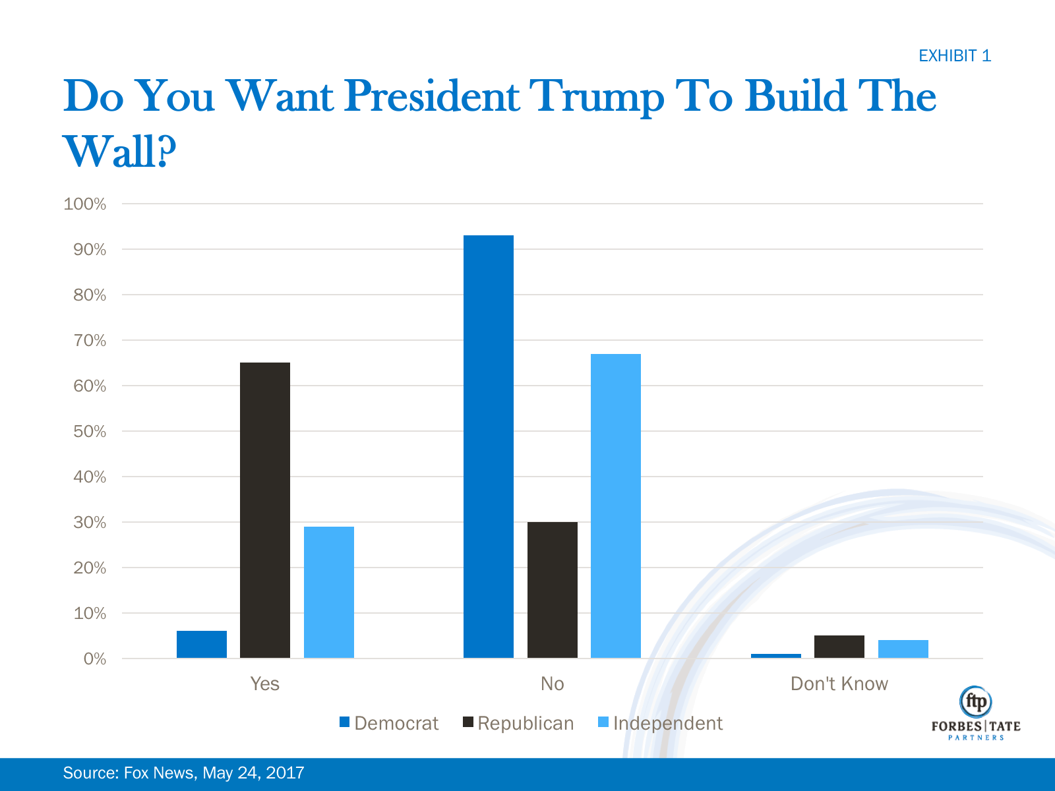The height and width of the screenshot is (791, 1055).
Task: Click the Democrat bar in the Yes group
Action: pyautogui.click(x=202, y=645)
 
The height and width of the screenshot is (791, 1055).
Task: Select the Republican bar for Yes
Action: pyautogui.click(x=265, y=510)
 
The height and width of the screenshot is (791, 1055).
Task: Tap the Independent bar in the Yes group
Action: pyautogui.click(x=329, y=592)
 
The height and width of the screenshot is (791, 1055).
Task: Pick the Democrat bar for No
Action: pyautogui.click(x=489, y=446)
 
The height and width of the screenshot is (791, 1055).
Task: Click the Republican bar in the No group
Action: pyautogui.click(x=553, y=590)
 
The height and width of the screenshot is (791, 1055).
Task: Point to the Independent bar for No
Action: pyautogui.click(x=616, y=506)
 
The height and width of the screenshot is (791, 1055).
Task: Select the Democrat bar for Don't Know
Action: pyautogui.click(x=776, y=656)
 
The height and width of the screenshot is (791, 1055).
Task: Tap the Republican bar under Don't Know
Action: pyautogui.click(x=839, y=647)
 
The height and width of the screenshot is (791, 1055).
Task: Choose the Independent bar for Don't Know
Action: pyautogui.click(x=903, y=649)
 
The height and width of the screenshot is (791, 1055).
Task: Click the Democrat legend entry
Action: pyautogui.click(x=389, y=723)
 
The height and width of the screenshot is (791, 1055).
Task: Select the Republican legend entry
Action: pyautogui.click(x=518, y=723)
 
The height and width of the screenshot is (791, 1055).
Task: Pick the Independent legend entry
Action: pyautogui.click(x=660, y=723)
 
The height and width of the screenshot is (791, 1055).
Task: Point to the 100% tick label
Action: pyautogui.click(x=85, y=204)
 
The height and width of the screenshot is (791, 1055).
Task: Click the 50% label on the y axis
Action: pyautogui.click(x=90, y=432)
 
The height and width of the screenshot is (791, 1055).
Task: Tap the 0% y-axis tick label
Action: pyautogui.click(x=95, y=659)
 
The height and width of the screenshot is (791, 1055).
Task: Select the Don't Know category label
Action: pyautogui.click(x=839, y=684)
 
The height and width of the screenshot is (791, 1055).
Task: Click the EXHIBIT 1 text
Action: pyautogui.click(x=955, y=56)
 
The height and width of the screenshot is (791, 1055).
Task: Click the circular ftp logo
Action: pyautogui.click(x=976, y=701)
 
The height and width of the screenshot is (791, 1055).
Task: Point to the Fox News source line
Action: pyautogui.click(x=183, y=773)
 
